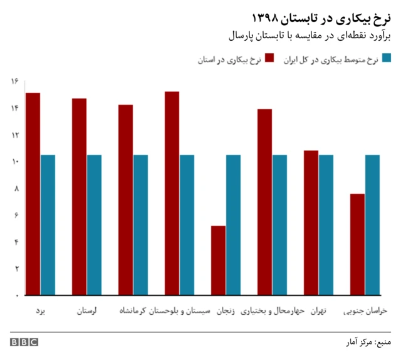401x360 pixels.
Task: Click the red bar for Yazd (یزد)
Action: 33,194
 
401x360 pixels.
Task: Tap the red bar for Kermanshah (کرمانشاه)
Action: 125,199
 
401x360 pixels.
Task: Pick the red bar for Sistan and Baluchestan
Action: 172,193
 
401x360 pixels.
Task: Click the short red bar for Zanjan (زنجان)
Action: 218,260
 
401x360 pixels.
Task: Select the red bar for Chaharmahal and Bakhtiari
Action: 264,202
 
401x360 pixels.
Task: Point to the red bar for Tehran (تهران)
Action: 311,223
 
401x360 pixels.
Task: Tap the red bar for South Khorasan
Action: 357,245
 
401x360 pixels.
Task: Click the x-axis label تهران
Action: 318,311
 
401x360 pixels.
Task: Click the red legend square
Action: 270,59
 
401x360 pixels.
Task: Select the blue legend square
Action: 387,59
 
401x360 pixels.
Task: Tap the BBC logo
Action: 24,342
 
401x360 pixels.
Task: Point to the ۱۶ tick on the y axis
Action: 14,81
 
